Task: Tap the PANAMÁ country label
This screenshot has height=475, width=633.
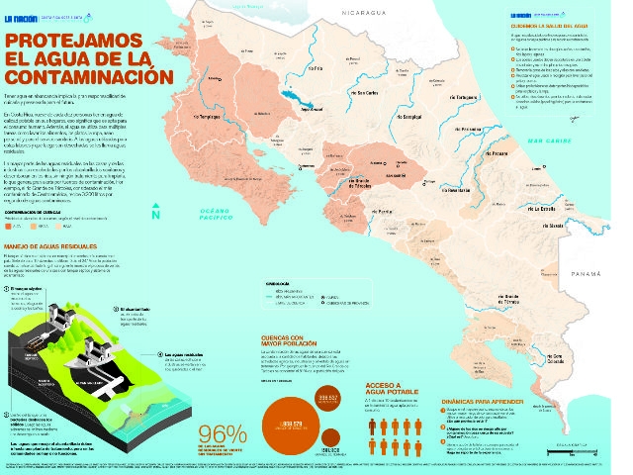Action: click(x=588, y=245)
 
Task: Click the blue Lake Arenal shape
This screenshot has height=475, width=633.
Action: click(x=293, y=98)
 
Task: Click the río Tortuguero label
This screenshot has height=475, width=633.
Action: click(x=464, y=100)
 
